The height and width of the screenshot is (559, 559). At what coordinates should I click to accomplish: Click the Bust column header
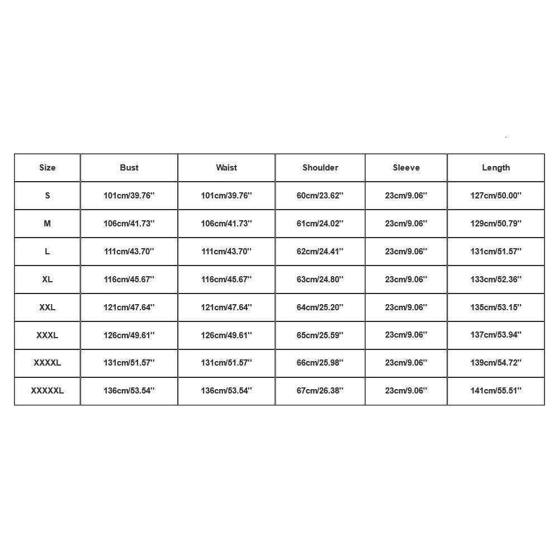pyautogui.click(x=129, y=168)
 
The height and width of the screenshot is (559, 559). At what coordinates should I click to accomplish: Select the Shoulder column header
pyautogui.click(x=320, y=168)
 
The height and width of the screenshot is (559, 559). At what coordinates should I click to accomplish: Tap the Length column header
pyautogui.click(x=496, y=168)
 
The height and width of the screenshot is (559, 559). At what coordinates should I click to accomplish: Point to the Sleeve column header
pyautogui.click(x=406, y=168)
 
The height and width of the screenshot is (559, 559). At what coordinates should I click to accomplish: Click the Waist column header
pyautogui.click(x=226, y=168)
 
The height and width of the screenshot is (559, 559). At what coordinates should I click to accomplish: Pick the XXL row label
pyautogui.click(x=48, y=307)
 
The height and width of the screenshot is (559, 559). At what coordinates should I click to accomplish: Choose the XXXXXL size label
pyautogui.click(x=48, y=391)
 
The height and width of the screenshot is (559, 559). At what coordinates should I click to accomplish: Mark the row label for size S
pyautogui.click(x=48, y=196)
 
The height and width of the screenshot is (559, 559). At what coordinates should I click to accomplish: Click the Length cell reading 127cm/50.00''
pyautogui.click(x=496, y=196)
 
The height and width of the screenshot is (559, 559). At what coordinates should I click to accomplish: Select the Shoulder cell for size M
pyautogui.click(x=320, y=224)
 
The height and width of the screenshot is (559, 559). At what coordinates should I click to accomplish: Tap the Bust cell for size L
pyautogui.click(x=129, y=252)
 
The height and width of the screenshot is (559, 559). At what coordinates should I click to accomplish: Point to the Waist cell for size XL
pyautogui.click(x=226, y=279)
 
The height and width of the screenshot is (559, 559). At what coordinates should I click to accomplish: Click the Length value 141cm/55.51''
pyautogui.click(x=496, y=391)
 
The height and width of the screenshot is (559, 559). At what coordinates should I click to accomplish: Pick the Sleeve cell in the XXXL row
pyautogui.click(x=406, y=335)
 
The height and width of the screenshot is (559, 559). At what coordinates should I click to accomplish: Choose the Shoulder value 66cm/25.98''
pyautogui.click(x=320, y=363)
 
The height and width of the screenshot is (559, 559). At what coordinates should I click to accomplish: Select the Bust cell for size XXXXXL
pyautogui.click(x=129, y=391)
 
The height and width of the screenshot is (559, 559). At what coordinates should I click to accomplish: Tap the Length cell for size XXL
pyautogui.click(x=496, y=307)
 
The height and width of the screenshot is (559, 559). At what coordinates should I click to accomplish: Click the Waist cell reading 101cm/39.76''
pyautogui.click(x=226, y=196)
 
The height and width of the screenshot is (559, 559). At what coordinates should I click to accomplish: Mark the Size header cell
pyautogui.click(x=48, y=168)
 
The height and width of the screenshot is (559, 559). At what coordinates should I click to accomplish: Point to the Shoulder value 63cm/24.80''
pyautogui.click(x=320, y=279)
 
